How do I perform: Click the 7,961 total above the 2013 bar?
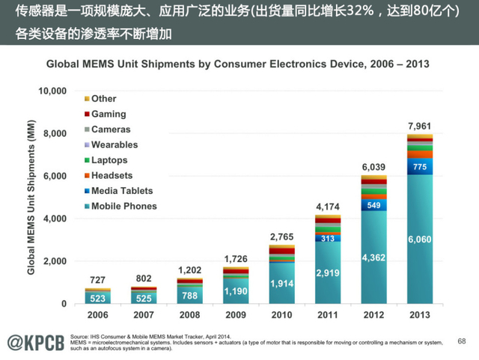tap(418, 125)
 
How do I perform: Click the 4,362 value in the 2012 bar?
tap(373, 258)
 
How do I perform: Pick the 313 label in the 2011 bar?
tap(327, 239)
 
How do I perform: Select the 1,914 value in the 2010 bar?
tap(281, 284)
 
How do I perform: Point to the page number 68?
tap(462, 341)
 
